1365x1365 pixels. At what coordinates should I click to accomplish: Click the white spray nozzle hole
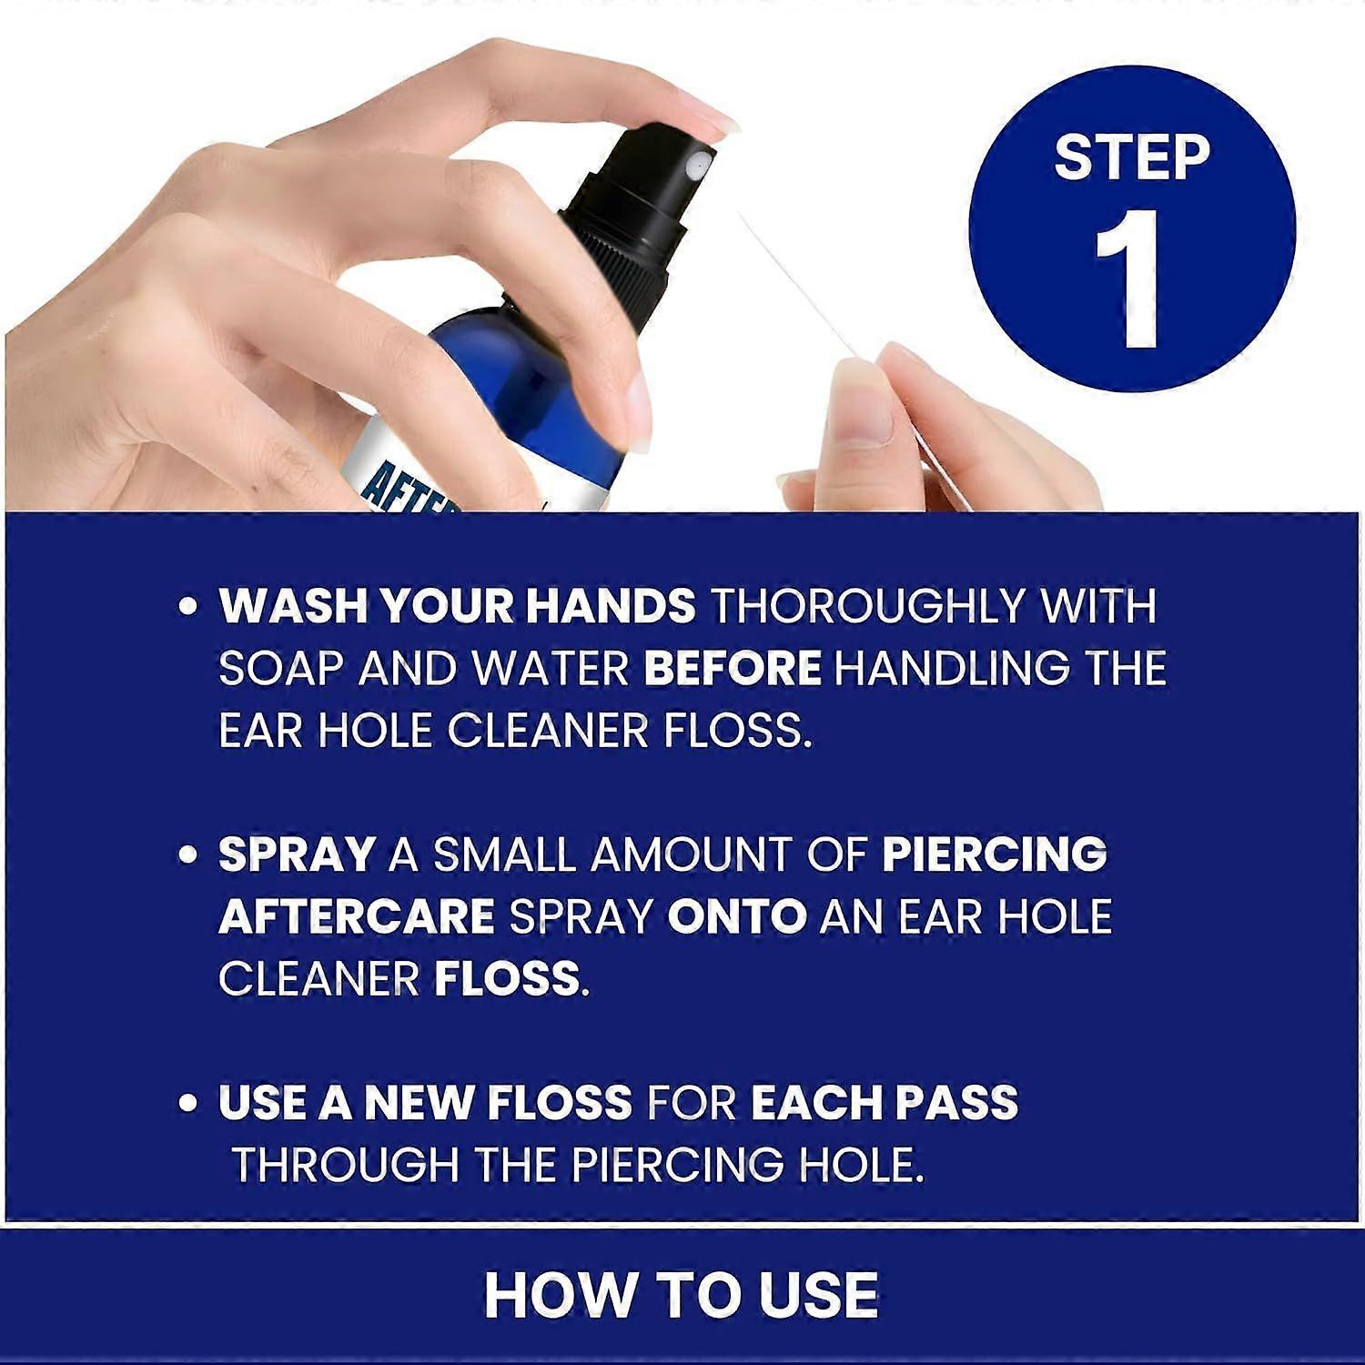(696, 166)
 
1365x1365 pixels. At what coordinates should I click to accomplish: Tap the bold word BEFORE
(732, 669)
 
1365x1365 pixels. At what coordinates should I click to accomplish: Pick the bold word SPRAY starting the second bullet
(297, 855)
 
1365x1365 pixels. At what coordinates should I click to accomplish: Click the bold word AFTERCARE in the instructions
(356, 917)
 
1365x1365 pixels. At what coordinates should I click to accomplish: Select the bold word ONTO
(736, 917)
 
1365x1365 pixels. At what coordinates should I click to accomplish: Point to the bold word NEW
(419, 1103)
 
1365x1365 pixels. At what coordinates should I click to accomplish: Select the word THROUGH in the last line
(345, 1165)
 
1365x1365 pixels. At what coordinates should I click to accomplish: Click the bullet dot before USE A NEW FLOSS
(188, 1104)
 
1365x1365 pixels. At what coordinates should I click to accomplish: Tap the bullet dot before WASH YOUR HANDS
(188, 607)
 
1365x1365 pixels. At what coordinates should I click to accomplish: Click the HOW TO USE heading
(681, 1295)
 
